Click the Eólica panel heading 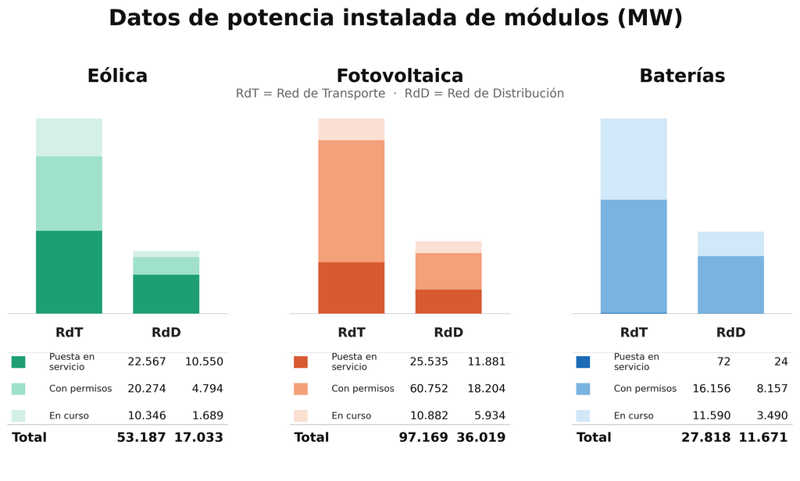117,76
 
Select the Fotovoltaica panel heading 399,76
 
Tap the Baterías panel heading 681,76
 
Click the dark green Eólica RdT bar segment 69,272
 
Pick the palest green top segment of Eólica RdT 69,137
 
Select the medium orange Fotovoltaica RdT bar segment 351,201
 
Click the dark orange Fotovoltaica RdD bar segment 448,301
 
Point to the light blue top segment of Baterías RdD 730,244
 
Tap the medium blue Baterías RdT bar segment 634,255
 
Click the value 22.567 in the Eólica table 147,362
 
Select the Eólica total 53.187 141,437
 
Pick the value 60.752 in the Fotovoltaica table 429,389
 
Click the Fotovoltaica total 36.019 481,437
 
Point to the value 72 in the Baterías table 723,362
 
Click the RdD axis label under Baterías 730,333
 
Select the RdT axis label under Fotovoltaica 351,333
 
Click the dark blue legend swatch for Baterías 583,362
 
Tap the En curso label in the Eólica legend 70,415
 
